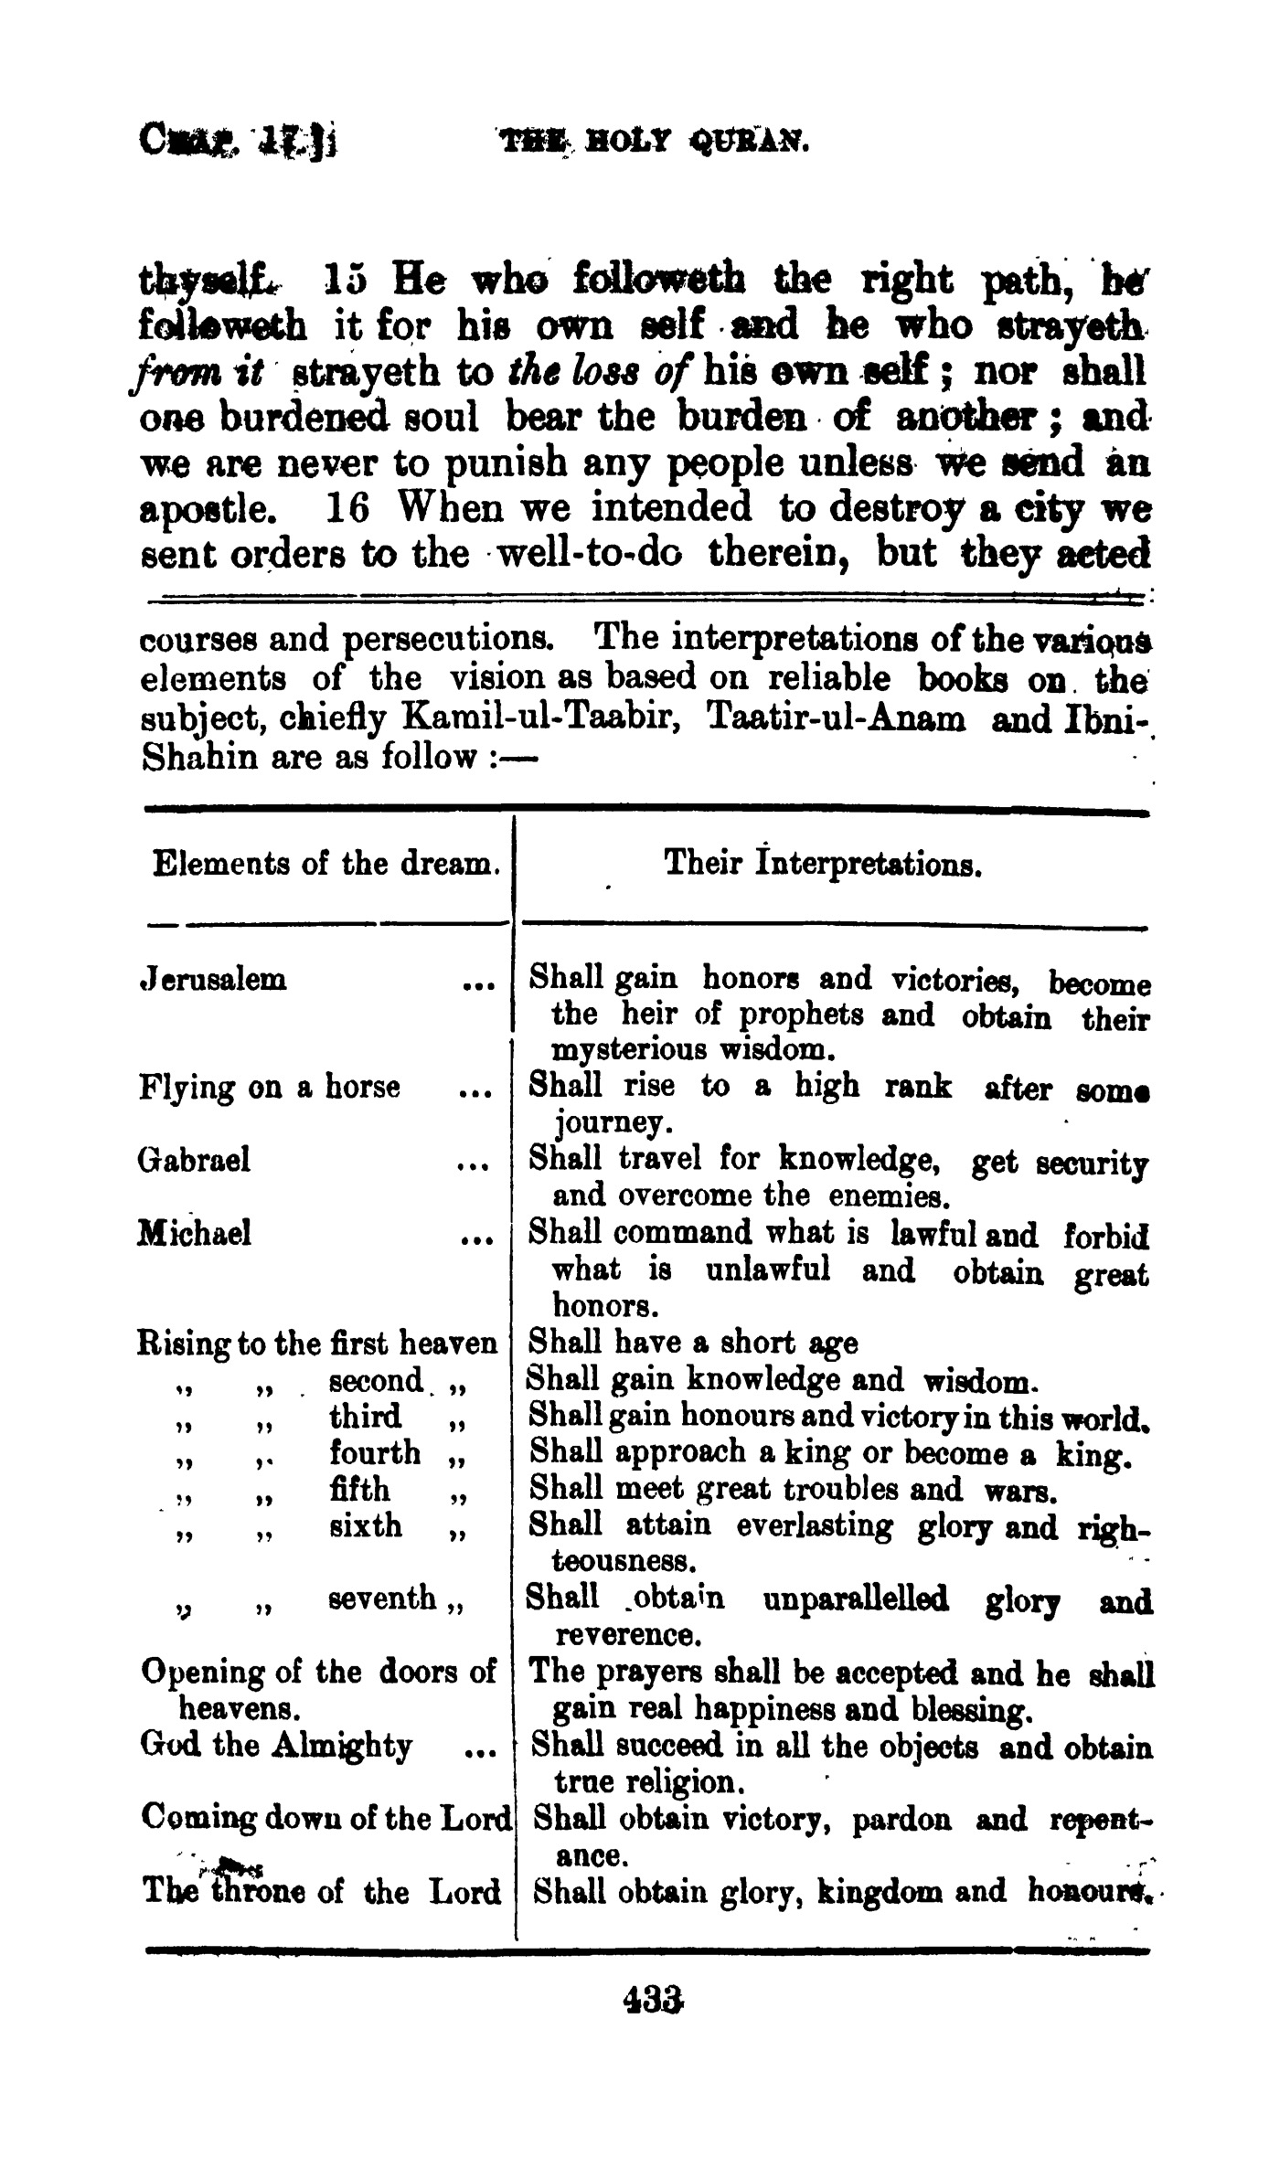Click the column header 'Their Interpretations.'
pos(823,863)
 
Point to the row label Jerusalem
pos(212,980)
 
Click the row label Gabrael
pos(194,1161)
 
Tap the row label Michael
pos(194,1234)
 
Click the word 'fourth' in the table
pos(375,1452)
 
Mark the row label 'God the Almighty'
pos(276,1746)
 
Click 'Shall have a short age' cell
pos(694,1344)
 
